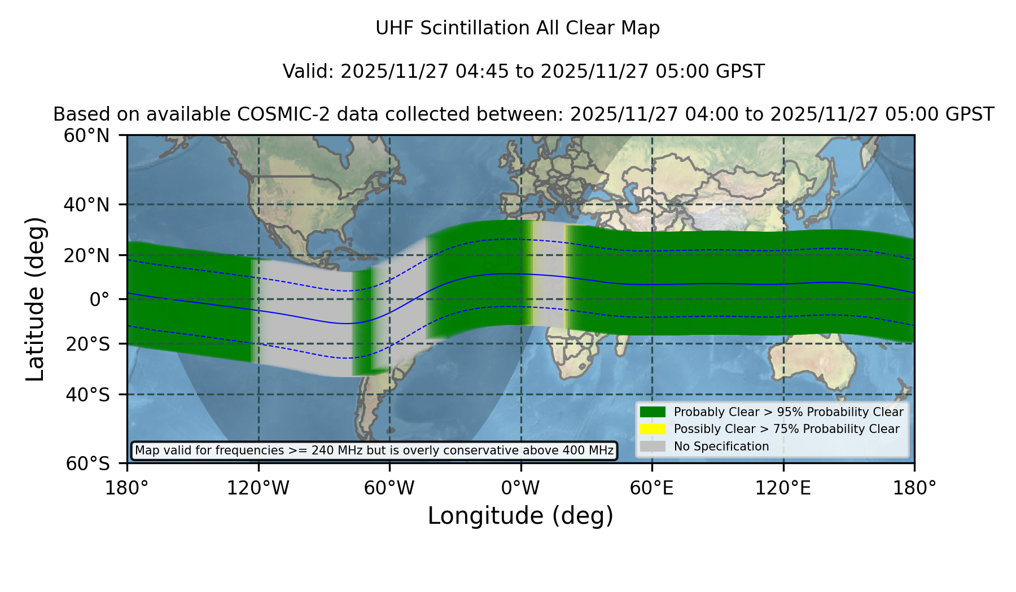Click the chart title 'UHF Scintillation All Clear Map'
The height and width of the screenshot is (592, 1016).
[x=518, y=28]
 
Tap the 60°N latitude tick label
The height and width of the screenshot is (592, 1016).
[x=86, y=135]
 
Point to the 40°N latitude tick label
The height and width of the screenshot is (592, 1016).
[x=86, y=205]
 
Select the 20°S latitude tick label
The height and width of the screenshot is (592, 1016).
[x=87, y=344]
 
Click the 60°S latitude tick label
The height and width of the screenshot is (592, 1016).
[x=87, y=464]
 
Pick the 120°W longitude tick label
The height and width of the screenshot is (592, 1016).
[x=258, y=488]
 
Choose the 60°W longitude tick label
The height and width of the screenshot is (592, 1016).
[x=389, y=488]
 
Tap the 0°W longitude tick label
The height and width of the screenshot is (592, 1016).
[x=520, y=488]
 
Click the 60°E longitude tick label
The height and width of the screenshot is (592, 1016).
[x=652, y=488]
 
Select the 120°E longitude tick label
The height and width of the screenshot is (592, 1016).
[x=783, y=488]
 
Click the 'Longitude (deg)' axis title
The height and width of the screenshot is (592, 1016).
[x=520, y=516]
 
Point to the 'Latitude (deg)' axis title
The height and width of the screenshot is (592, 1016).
[x=35, y=299]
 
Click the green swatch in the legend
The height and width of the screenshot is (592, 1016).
[x=653, y=412]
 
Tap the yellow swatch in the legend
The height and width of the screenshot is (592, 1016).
[x=653, y=429]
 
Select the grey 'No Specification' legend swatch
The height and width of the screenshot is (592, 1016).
[x=653, y=446]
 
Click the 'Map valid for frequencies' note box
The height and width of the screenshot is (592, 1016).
[x=374, y=450]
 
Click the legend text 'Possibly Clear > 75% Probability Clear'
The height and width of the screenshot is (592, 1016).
[x=787, y=429]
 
